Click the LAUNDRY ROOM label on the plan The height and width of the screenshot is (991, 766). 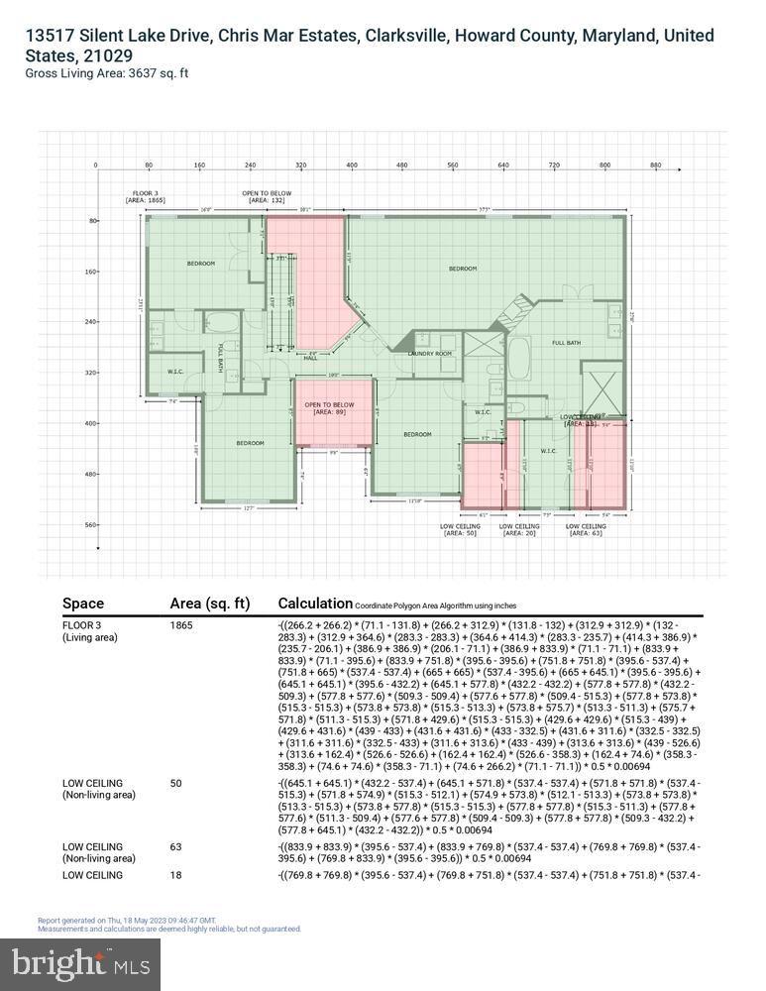click(x=430, y=354)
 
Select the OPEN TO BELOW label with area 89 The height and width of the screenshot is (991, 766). click(x=329, y=408)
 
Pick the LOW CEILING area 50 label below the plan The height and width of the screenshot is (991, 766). click(x=460, y=529)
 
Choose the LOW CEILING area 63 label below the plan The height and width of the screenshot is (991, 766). click(x=585, y=529)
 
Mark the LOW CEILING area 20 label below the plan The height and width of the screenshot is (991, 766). click(x=519, y=529)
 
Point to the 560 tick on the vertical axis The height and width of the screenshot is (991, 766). click(x=91, y=525)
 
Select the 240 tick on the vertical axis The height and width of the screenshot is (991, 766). click(x=91, y=322)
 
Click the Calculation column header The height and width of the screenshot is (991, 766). click(x=315, y=603)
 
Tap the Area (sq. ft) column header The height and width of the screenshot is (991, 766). click(x=210, y=603)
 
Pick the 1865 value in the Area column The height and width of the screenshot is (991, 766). click(x=181, y=625)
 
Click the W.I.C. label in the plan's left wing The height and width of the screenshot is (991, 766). click(x=175, y=373)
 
